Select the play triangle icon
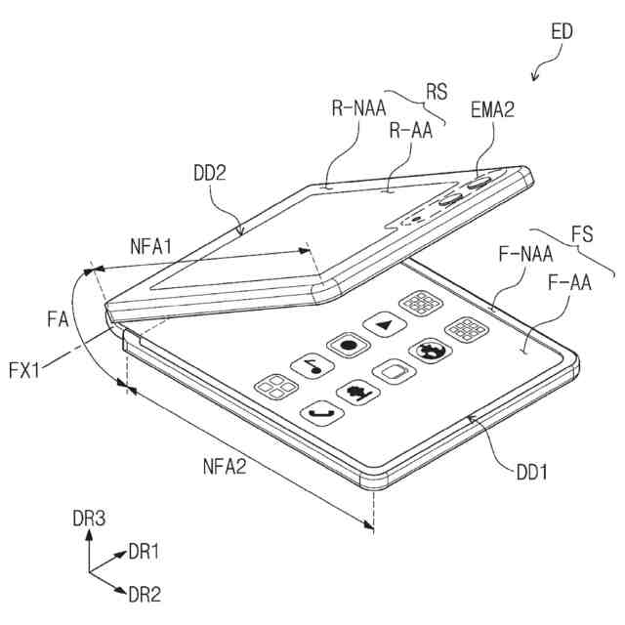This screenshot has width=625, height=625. coord(382,323)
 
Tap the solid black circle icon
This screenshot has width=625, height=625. coord(347,344)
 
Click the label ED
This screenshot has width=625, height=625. coord(562,31)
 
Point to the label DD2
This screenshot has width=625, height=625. coord(210,173)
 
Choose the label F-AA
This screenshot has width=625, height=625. coord(569,285)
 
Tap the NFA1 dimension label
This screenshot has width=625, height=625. coord(149,247)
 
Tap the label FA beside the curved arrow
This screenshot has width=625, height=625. coord(59,317)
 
